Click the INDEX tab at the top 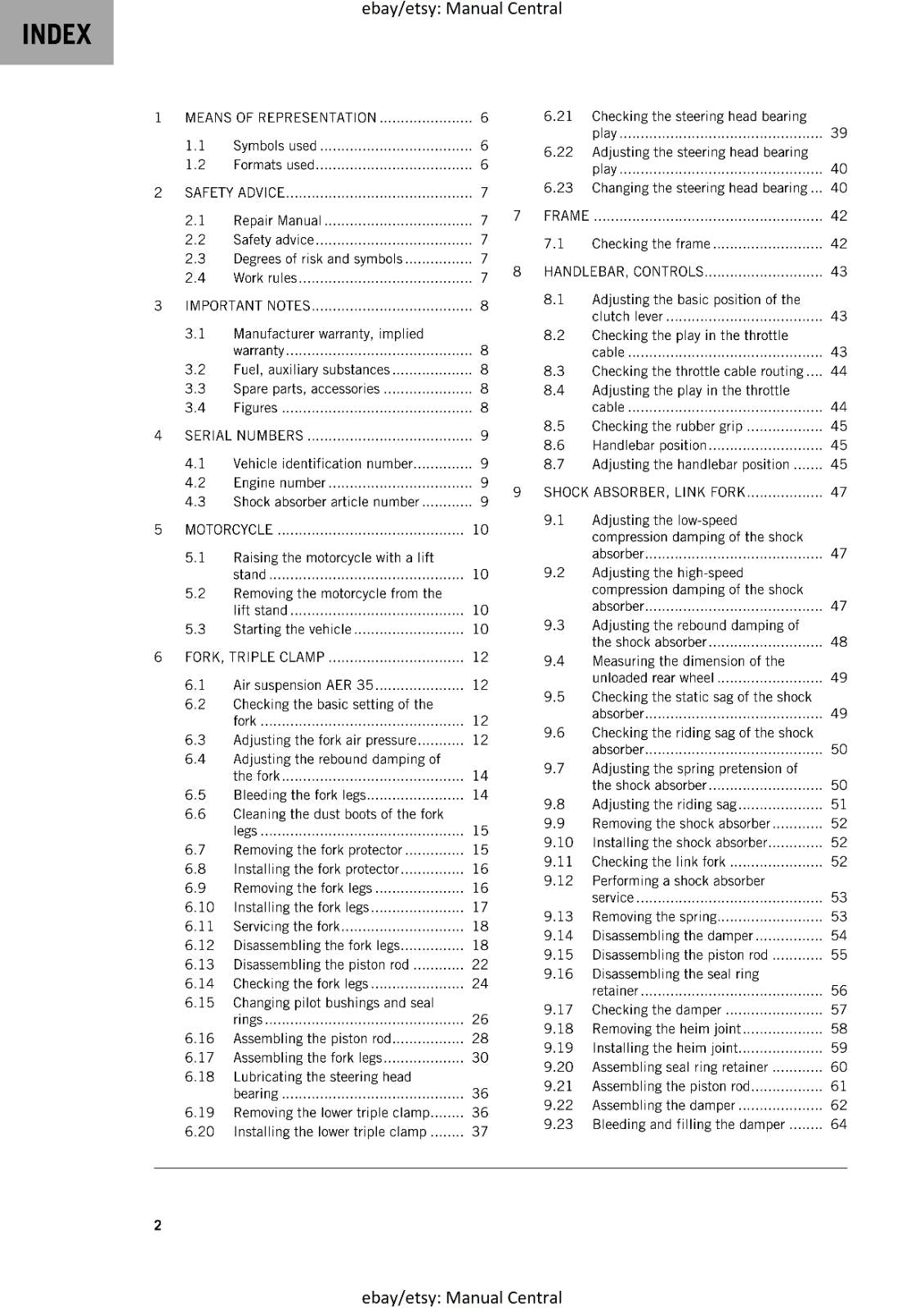click(x=56, y=34)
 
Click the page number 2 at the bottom click(x=158, y=1225)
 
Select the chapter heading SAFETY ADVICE click(x=234, y=193)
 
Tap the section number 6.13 click(x=199, y=965)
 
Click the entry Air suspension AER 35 click(x=303, y=685)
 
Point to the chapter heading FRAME click(x=566, y=216)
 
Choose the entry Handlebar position click(x=648, y=446)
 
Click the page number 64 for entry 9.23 click(x=838, y=1124)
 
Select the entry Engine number click(x=279, y=483)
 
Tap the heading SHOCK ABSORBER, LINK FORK click(x=644, y=492)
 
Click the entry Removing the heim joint click(x=666, y=1029)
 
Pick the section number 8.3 click(x=554, y=371)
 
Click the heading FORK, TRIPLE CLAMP click(x=254, y=657)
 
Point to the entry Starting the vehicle click(x=292, y=629)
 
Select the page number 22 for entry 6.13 click(x=480, y=965)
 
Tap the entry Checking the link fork click(x=658, y=862)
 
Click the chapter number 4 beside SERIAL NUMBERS click(x=158, y=436)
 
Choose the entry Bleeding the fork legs click(x=298, y=795)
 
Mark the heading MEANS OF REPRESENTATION click(x=280, y=118)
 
